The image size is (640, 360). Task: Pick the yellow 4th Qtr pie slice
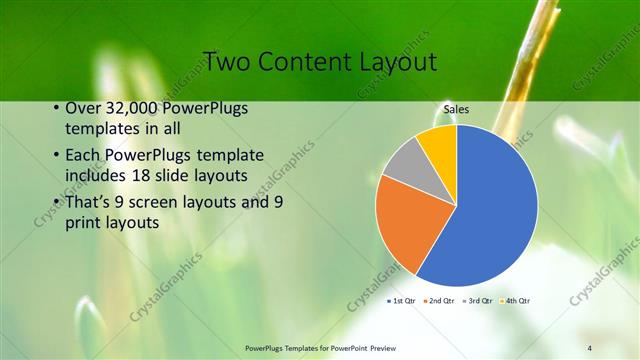[x=438, y=142]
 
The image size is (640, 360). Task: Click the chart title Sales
[x=457, y=110]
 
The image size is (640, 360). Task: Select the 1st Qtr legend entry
[x=403, y=300]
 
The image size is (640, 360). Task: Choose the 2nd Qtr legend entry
[x=441, y=300]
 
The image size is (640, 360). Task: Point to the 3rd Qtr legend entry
[x=478, y=300]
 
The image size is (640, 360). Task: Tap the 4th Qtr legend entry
[x=515, y=300]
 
